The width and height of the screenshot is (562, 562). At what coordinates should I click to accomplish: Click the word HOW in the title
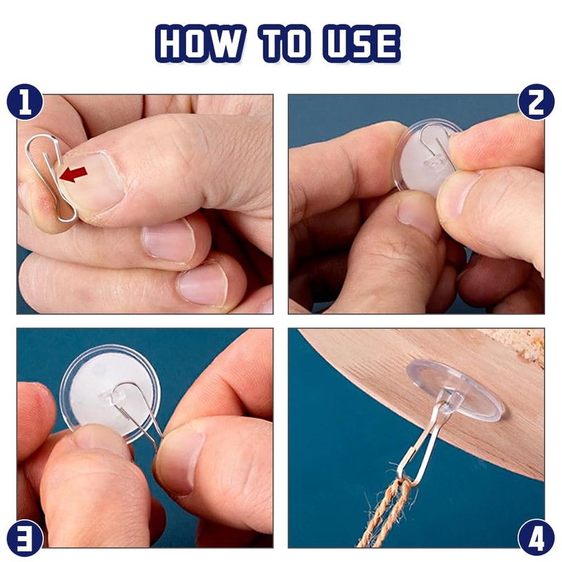(200, 44)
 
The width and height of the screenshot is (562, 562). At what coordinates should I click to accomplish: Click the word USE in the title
(362, 44)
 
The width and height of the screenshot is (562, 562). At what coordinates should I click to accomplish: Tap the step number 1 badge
(25, 102)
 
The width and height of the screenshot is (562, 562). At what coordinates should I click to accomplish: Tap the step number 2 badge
(537, 102)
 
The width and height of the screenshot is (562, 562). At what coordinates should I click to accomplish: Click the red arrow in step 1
(74, 174)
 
